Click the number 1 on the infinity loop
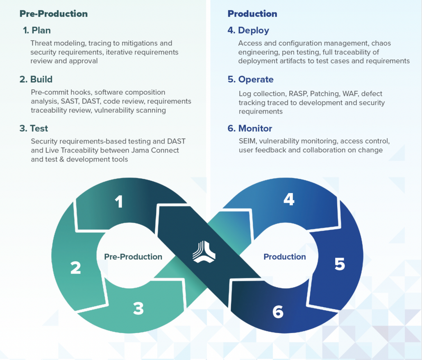tap(119, 201)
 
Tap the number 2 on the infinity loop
tap(75, 267)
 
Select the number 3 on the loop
tap(138, 308)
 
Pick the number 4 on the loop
tap(289, 199)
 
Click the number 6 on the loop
tap(278, 312)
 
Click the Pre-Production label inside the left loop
tap(133, 257)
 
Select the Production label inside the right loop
tap(285, 257)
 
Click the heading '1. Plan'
tap(37, 30)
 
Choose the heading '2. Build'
tap(36, 80)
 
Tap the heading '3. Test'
tap(34, 128)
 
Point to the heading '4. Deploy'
tap(248, 30)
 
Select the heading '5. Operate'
tap(250, 80)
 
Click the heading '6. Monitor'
tap(250, 128)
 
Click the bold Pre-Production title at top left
tap(54, 14)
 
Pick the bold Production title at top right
tap(252, 14)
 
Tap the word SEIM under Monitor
tap(247, 141)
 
